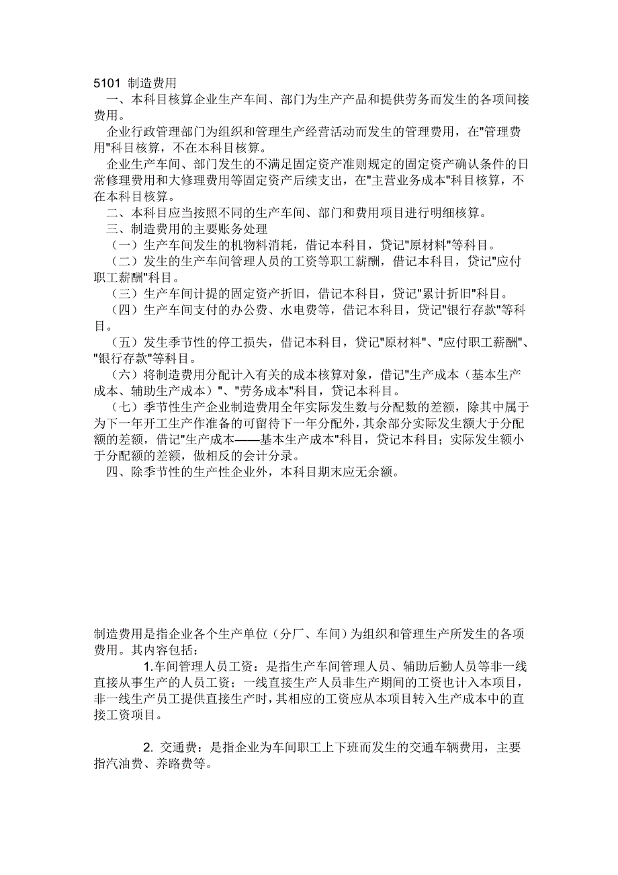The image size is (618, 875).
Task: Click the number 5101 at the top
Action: pyautogui.click(x=107, y=84)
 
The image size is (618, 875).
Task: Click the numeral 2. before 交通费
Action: pyautogui.click(x=148, y=748)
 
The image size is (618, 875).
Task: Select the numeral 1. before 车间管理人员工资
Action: pyautogui.click(x=148, y=667)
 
